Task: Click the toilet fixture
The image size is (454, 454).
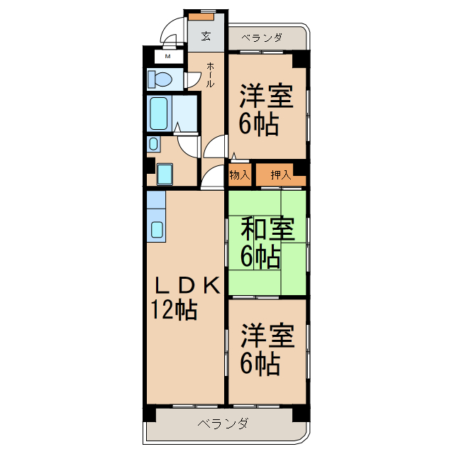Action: [157, 77]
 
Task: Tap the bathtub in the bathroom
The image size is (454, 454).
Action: [159, 111]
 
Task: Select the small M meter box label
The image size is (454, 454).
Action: [168, 56]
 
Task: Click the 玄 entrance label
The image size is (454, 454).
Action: [206, 36]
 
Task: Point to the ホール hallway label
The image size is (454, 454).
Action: [210, 74]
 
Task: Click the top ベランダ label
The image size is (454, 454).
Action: [262, 37]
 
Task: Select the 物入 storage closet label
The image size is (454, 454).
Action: [239, 175]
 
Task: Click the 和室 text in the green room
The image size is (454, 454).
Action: [267, 229]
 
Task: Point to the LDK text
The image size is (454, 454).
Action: [186, 284]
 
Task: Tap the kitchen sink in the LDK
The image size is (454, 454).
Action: [157, 229]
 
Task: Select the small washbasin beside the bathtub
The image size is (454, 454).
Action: [154, 143]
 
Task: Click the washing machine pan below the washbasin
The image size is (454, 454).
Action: [165, 174]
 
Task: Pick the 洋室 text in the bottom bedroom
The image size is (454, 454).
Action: [267, 336]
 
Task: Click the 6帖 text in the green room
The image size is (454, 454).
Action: [259, 257]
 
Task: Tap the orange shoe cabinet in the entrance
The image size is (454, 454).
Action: [206, 14]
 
